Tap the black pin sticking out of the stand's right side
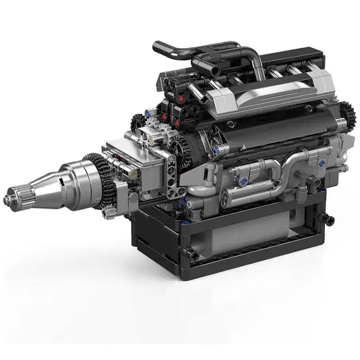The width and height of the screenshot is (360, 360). [328, 219]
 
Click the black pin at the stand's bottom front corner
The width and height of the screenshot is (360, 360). [192, 255]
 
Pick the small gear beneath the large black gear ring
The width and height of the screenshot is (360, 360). [108, 211]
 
